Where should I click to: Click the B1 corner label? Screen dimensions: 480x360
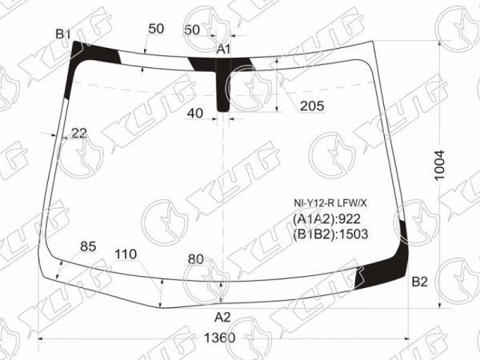point(63,34)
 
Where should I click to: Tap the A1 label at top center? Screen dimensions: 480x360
point(223,49)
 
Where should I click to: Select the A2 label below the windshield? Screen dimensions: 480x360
point(222,317)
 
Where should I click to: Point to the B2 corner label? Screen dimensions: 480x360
point(419,282)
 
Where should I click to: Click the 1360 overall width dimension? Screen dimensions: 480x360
point(219,338)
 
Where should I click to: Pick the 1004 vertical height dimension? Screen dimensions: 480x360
point(439,166)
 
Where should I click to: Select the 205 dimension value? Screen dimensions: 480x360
point(312,106)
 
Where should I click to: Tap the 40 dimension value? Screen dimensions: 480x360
point(195,114)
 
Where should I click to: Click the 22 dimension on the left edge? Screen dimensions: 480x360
point(79,133)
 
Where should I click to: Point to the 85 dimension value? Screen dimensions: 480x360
point(88,246)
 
